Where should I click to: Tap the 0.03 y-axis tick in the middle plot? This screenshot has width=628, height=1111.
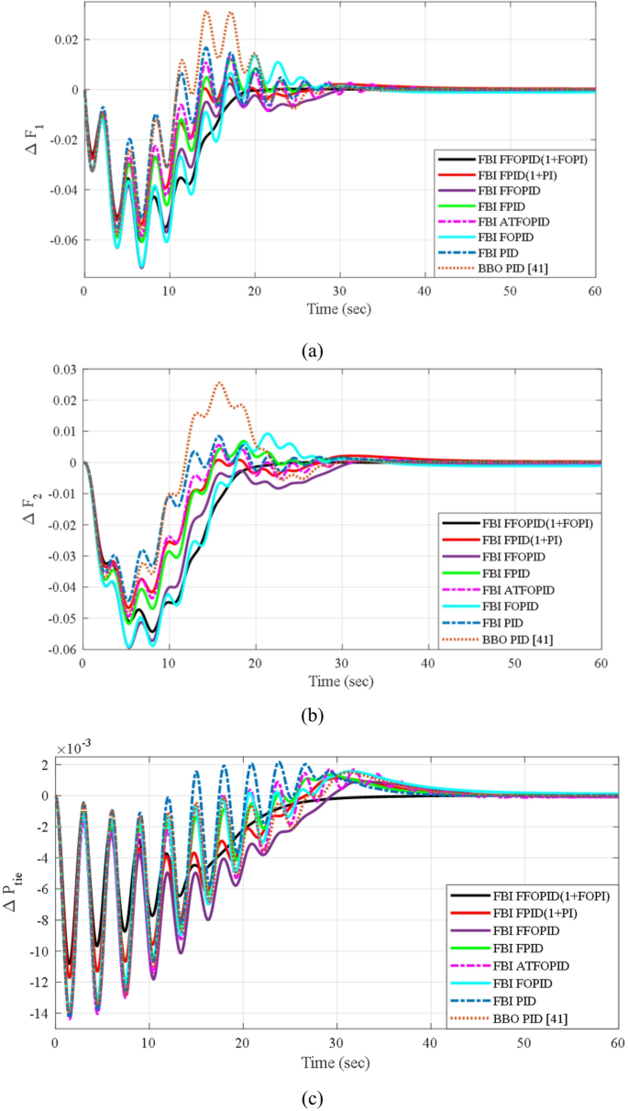coord(62,369)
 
